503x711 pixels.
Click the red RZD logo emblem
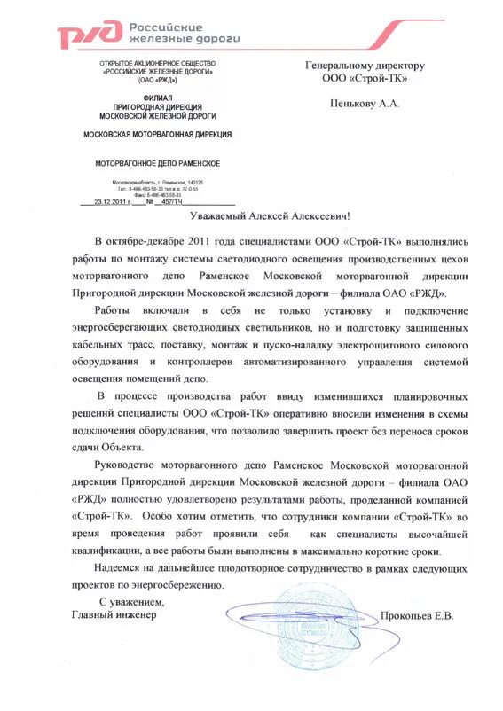click(89, 35)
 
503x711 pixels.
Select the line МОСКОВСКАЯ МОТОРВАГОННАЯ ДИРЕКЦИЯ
click(157, 135)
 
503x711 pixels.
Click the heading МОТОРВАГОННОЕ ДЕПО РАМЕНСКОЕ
click(158, 164)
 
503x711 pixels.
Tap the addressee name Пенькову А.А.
click(365, 104)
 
